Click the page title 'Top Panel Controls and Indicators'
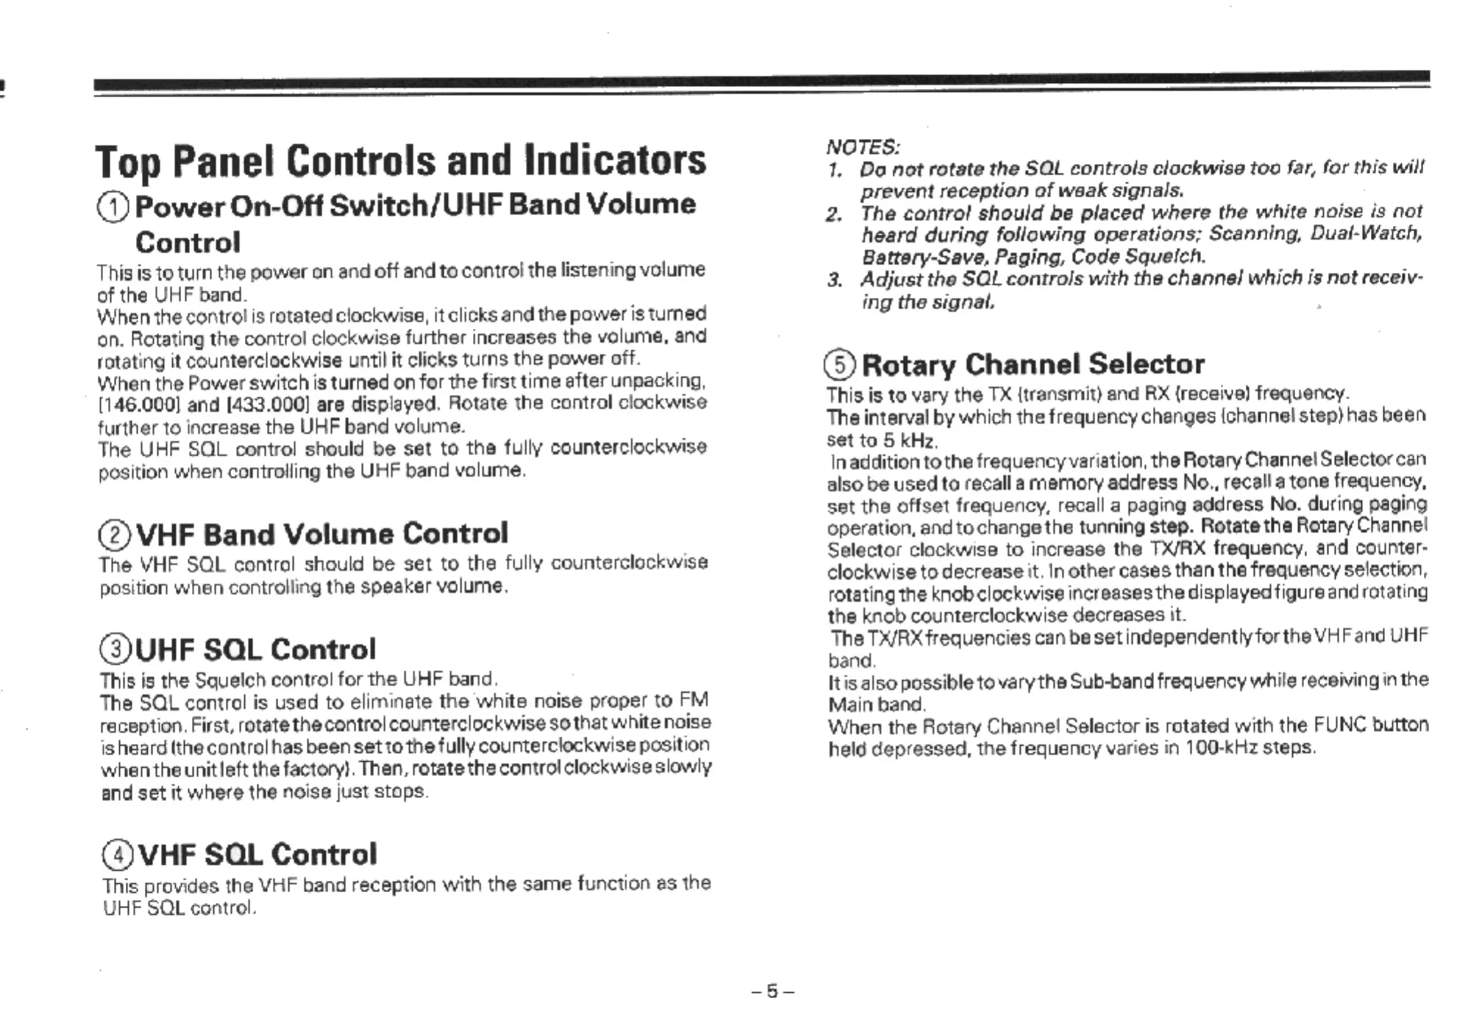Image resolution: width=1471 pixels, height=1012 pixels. click(401, 161)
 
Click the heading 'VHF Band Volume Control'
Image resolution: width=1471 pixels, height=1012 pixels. click(322, 534)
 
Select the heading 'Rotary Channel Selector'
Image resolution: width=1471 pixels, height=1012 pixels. click(1033, 364)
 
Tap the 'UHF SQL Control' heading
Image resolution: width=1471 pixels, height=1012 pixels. click(256, 649)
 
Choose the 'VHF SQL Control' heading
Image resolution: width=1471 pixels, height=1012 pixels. click(257, 854)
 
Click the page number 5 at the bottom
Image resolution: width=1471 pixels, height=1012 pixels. click(772, 991)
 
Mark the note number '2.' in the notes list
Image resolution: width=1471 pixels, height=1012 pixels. click(833, 215)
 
